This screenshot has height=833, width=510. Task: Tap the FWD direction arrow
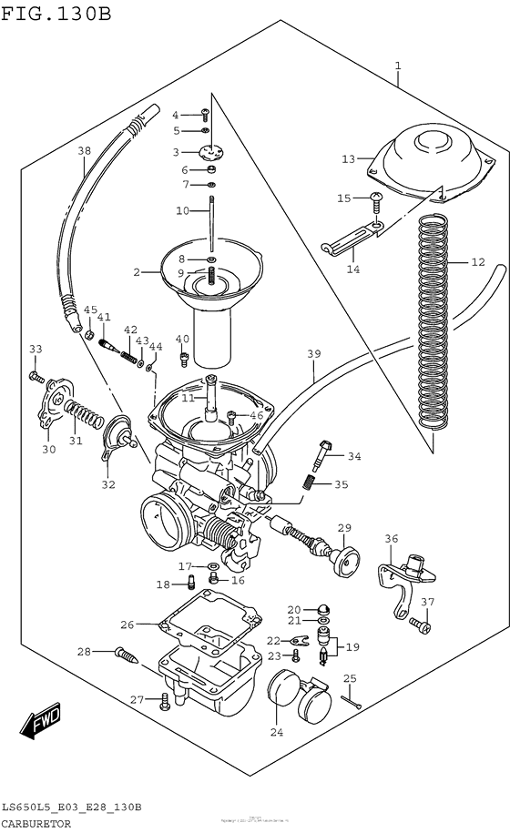[42, 724]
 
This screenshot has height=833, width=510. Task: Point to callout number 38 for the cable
[84, 151]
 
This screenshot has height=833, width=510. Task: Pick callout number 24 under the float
[276, 730]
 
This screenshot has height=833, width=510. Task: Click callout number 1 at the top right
[398, 65]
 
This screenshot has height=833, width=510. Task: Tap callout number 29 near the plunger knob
[344, 528]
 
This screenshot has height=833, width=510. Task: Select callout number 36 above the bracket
[391, 540]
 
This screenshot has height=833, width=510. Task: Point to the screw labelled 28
[127, 653]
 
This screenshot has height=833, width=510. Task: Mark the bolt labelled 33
[37, 376]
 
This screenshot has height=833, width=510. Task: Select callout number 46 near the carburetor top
[256, 415]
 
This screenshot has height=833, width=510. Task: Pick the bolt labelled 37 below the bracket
[419, 625]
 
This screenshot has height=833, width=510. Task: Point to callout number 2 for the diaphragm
[138, 271]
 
